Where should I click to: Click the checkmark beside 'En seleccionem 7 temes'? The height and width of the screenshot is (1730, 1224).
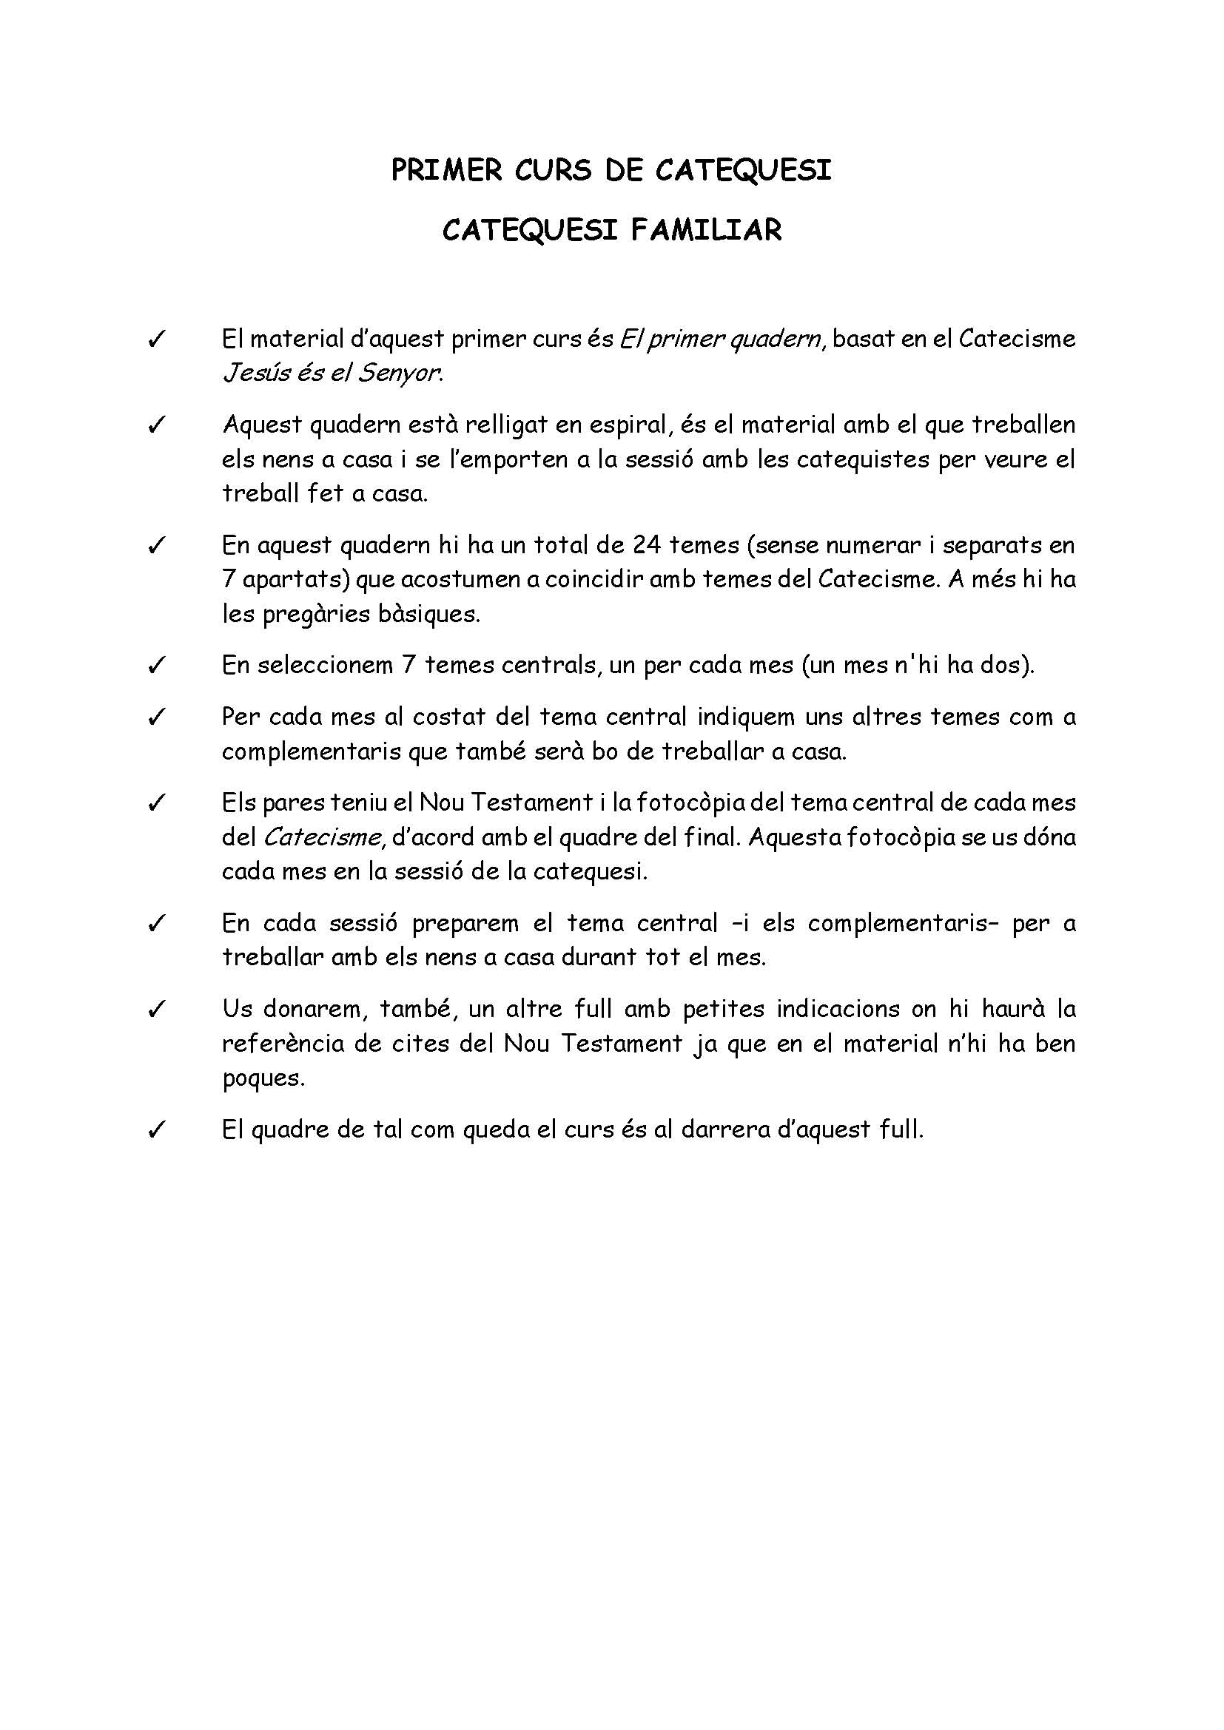coord(157,666)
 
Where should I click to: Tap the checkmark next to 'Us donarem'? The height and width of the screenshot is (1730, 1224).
coord(157,1010)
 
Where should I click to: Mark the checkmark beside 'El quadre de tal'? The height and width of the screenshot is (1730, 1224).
coord(157,1130)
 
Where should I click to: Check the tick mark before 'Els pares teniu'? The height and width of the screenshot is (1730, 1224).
coord(157,803)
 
